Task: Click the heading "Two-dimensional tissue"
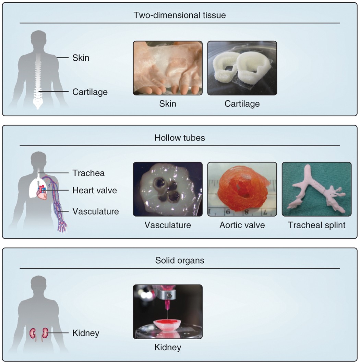(x=180, y=15)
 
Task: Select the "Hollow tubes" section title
(x=180, y=138)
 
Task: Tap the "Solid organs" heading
(x=180, y=260)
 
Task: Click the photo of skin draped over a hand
(x=167, y=68)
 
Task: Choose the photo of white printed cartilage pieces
(x=242, y=68)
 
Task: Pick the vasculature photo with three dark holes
(x=167, y=189)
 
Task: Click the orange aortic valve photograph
(x=242, y=189)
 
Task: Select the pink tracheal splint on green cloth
(x=316, y=189)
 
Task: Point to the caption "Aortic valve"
(x=242, y=225)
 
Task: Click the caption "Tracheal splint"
(x=316, y=225)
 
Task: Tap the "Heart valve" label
(x=95, y=190)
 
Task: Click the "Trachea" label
(x=88, y=173)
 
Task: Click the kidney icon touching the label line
(x=44, y=332)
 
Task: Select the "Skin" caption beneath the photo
(x=167, y=104)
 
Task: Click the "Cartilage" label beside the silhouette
(x=90, y=92)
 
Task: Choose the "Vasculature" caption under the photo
(x=167, y=225)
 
